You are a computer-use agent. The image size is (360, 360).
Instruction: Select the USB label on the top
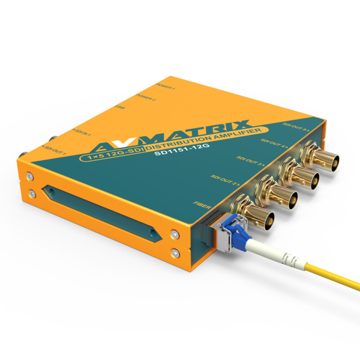tap(121, 108)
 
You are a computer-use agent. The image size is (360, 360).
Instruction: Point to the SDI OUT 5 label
tap(295, 126)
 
